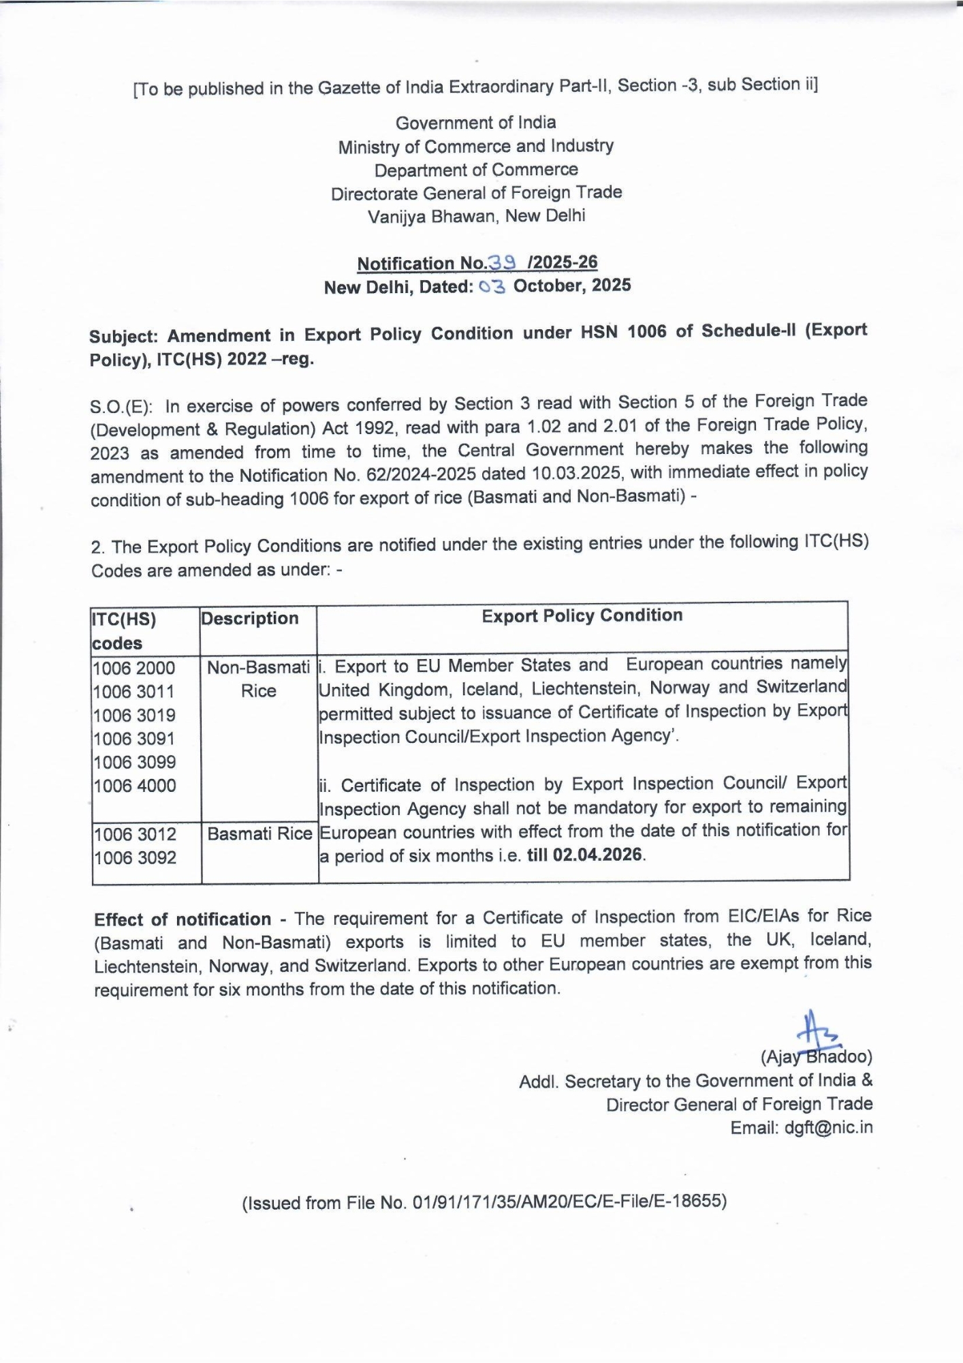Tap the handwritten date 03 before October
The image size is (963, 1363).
tap(492, 287)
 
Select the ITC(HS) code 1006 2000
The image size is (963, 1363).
tap(134, 668)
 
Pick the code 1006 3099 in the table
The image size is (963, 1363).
tap(134, 762)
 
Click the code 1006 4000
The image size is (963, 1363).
tap(134, 786)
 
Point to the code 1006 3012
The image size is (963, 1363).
tap(134, 834)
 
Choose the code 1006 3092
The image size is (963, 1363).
tap(134, 858)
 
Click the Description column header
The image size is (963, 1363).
tap(249, 618)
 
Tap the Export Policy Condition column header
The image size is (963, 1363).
tap(582, 615)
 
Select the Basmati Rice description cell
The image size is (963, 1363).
tap(259, 833)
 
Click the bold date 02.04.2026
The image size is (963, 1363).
tap(597, 855)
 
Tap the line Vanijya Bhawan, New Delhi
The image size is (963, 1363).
tap(476, 216)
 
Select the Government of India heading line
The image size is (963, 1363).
tap(475, 123)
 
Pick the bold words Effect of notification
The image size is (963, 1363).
tap(183, 919)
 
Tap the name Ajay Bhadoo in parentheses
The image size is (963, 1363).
tap(816, 1057)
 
